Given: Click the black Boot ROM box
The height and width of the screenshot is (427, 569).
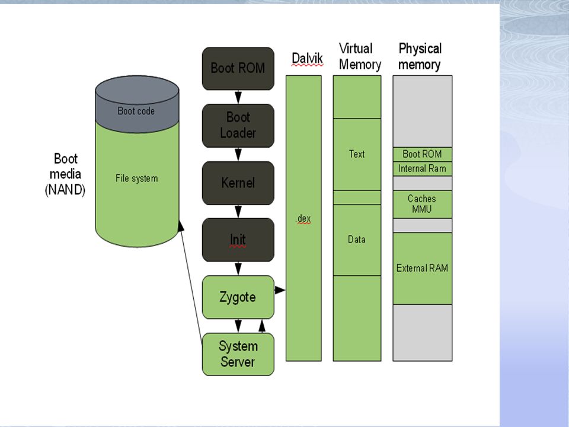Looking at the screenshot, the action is click(238, 69).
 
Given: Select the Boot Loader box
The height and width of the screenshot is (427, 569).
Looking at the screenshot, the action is click(238, 126).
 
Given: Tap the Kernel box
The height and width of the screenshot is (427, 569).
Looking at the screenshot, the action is click(238, 183).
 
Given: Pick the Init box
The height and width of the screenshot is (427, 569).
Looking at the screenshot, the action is click(238, 240).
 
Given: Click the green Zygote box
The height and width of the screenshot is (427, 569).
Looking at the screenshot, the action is click(238, 297).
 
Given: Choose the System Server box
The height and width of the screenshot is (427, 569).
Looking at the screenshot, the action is click(238, 354).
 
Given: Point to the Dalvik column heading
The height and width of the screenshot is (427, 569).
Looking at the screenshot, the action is click(307, 59).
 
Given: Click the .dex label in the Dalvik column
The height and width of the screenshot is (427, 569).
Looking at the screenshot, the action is click(303, 219).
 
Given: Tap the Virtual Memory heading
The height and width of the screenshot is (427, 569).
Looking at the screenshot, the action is click(360, 56).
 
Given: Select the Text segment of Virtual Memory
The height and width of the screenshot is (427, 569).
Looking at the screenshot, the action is click(357, 154).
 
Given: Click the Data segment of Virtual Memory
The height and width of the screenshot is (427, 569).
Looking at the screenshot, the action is click(357, 240).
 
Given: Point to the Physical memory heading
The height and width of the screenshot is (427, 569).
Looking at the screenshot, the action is click(420, 56).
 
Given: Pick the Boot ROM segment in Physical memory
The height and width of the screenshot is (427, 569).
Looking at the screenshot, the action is click(423, 154).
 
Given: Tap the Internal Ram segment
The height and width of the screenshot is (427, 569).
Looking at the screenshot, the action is click(423, 169).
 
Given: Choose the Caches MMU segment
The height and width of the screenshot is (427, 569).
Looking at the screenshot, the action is click(423, 204).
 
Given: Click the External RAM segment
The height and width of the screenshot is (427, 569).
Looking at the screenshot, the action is click(423, 268).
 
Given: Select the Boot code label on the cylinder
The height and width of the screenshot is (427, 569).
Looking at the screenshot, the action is click(136, 111).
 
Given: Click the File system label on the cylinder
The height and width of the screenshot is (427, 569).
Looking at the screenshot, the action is click(137, 179).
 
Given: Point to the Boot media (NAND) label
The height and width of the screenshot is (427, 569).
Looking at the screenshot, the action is click(65, 174).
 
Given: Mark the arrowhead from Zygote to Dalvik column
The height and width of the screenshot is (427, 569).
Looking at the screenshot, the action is click(280, 290).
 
